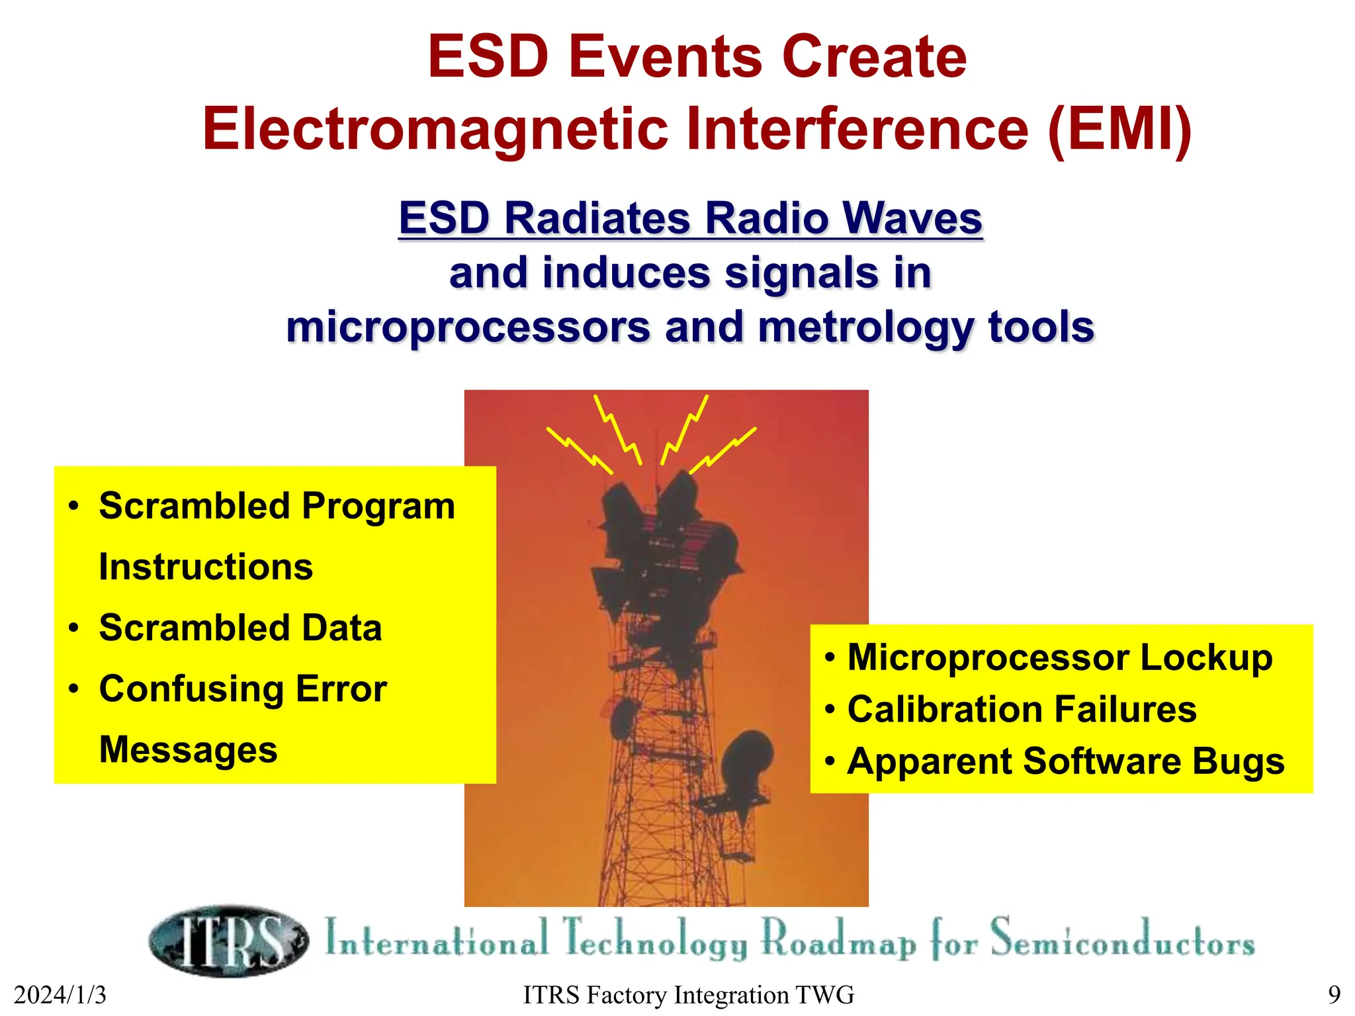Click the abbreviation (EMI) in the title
click(1120, 130)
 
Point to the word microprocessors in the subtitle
click(468, 327)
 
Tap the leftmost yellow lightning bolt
click(579, 450)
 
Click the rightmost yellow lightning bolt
click(722, 450)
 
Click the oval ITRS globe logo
click(228, 941)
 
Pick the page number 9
click(1334, 995)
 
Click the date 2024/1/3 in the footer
click(60, 995)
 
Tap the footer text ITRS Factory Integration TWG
click(688, 995)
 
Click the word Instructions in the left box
click(206, 568)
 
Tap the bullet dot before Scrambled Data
click(73, 628)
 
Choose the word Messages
click(188, 750)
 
